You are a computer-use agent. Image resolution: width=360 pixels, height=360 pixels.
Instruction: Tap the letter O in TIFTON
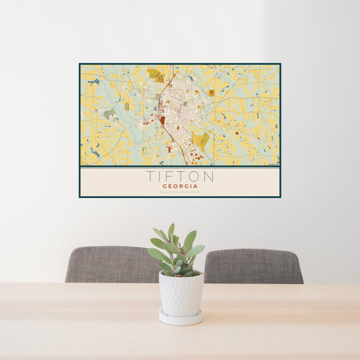coord(195,176)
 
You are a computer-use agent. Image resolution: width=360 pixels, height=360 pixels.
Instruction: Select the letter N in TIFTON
coord(208,176)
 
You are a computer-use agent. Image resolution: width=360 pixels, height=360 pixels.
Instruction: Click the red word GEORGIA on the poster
coord(179,186)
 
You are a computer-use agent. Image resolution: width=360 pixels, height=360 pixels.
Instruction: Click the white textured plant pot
coord(181,294)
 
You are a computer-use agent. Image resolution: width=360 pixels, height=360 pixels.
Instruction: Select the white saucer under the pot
coord(181,318)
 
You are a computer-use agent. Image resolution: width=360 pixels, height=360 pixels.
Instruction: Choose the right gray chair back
coord(253,265)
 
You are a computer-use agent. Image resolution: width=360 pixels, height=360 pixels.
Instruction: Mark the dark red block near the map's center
coord(162,120)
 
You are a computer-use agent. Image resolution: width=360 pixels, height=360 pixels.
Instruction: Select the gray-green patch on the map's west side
coord(108,114)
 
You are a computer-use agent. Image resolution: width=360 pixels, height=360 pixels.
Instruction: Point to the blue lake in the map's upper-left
coord(93,81)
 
